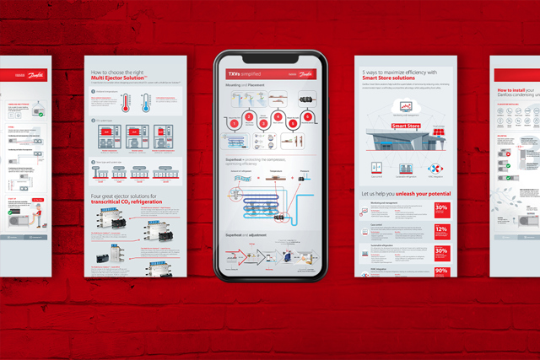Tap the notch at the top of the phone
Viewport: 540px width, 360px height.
pos(270,57)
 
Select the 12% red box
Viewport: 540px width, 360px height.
pos(441,233)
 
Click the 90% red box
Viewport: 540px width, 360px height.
pos(441,271)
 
